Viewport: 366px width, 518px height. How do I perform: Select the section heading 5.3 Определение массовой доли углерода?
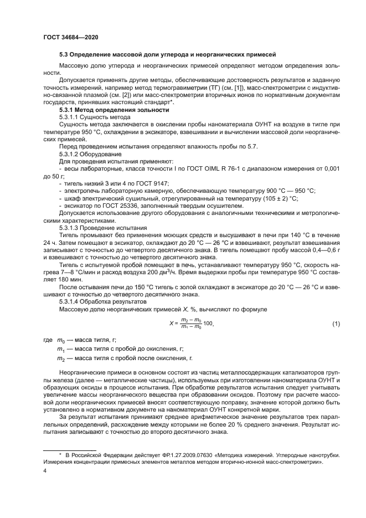[x=167, y=54]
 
